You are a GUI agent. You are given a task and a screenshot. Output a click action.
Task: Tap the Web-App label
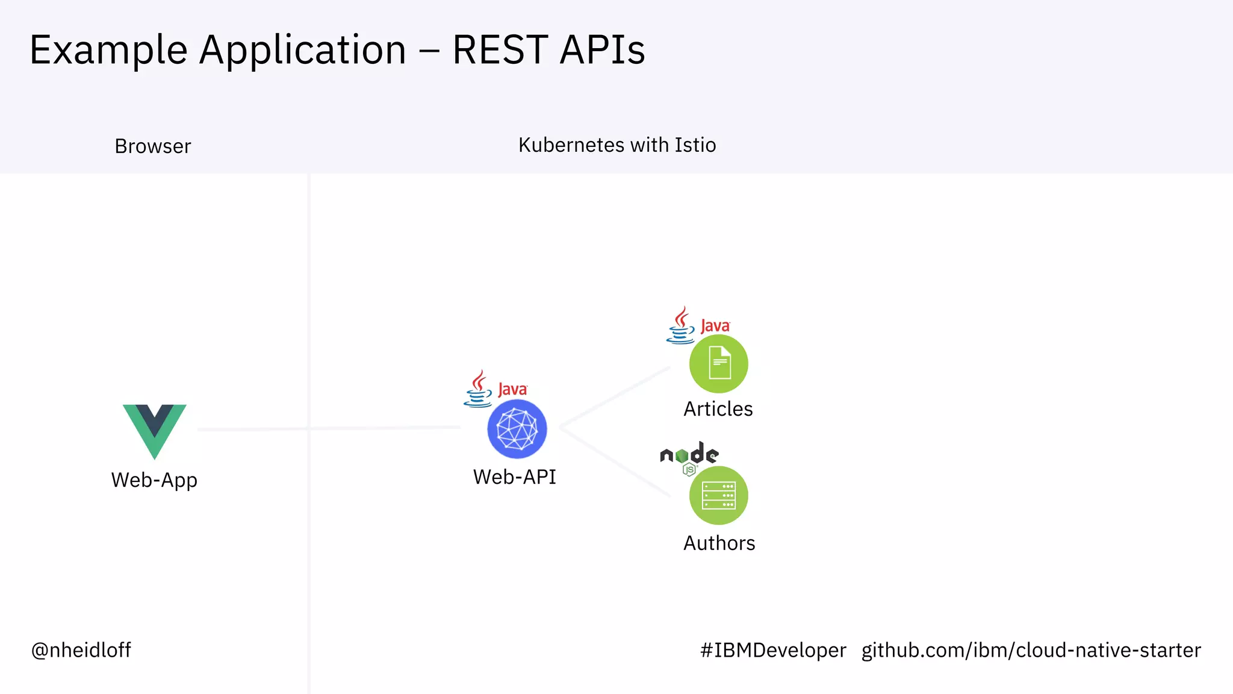pyautogui.click(x=154, y=480)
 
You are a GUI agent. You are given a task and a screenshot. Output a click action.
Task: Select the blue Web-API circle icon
pyautogui.click(x=517, y=429)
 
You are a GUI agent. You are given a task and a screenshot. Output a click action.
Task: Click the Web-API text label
pyautogui.click(x=515, y=477)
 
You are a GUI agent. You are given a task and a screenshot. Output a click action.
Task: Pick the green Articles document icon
pyautogui.click(x=719, y=364)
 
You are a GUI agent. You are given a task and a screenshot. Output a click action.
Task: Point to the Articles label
pyautogui.click(x=718, y=409)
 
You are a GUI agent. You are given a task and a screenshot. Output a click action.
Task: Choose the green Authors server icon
pyautogui.click(x=719, y=495)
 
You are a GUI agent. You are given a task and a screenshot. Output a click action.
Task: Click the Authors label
pyautogui.click(x=719, y=543)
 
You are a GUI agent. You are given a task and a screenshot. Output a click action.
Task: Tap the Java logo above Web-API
pyautogui.click(x=495, y=389)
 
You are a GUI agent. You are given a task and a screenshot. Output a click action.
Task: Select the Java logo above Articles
pyautogui.click(x=698, y=325)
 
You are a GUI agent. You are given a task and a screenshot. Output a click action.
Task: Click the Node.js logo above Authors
pyautogui.click(x=689, y=457)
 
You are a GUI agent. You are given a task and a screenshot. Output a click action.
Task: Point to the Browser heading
pyautogui.click(x=153, y=146)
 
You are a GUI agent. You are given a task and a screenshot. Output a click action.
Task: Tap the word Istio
pyautogui.click(x=695, y=145)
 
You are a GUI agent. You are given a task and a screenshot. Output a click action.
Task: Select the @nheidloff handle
pyautogui.click(x=81, y=650)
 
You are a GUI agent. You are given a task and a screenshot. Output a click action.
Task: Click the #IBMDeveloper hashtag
pyautogui.click(x=773, y=650)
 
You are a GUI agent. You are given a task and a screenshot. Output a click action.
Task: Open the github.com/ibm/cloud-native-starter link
pyautogui.click(x=1031, y=650)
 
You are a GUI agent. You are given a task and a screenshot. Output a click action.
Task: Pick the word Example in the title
pyautogui.click(x=108, y=49)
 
